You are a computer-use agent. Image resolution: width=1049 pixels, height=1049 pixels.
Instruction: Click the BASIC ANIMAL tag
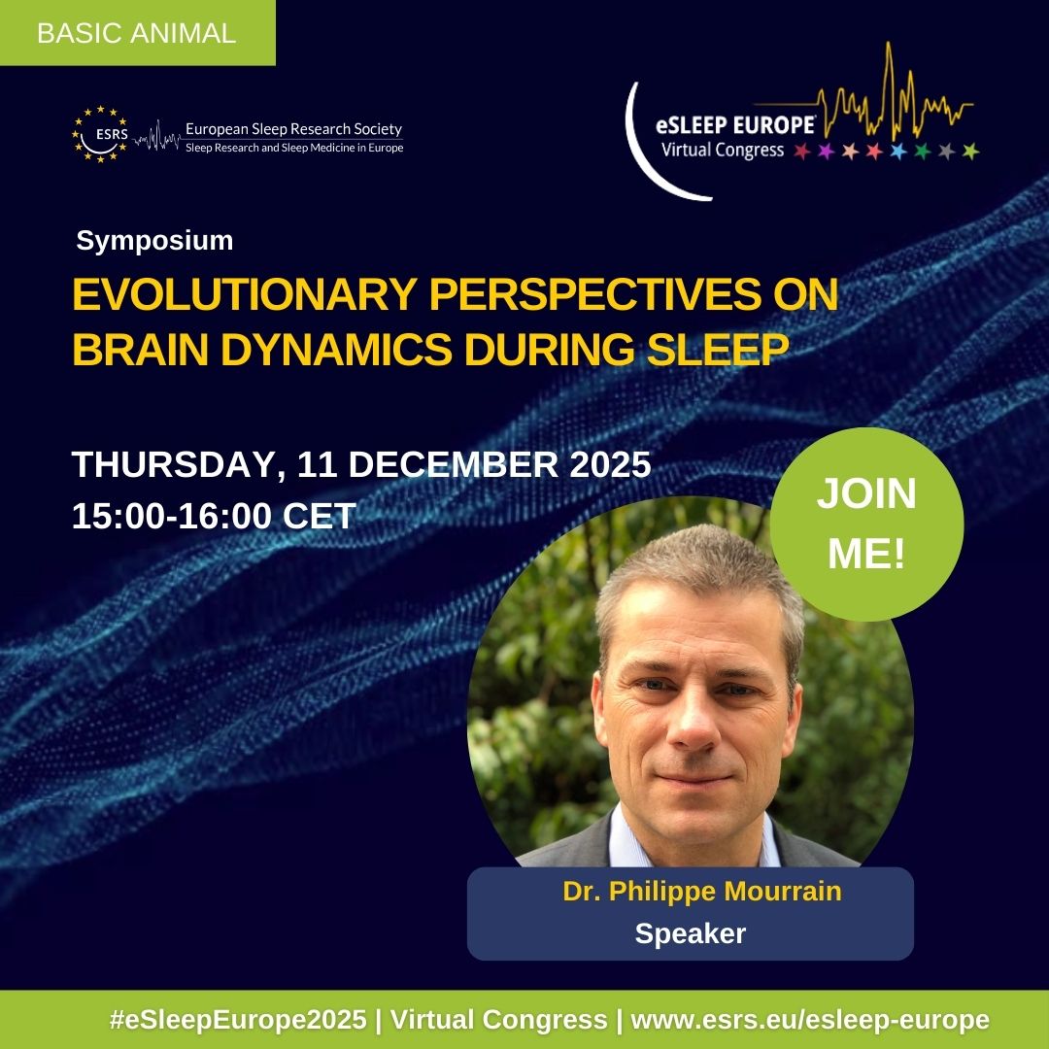pos(137,33)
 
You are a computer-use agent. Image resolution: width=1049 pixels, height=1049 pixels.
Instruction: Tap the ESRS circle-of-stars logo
pos(100,134)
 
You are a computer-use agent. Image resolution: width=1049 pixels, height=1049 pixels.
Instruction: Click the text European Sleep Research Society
pos(293,128)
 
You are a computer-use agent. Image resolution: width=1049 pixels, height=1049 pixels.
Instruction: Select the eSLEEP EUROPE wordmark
pos(735,125)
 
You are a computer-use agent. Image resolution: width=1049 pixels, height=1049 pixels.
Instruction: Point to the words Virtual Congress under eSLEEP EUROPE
pos(723,150)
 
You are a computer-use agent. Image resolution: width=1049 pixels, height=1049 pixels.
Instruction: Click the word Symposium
pos(154,240)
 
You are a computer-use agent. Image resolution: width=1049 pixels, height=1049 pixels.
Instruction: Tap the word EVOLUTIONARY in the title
pos(244,293)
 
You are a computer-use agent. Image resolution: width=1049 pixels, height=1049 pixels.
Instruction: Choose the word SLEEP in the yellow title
pos(718,349)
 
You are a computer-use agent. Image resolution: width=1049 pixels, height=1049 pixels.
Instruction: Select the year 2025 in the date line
pos(610,464)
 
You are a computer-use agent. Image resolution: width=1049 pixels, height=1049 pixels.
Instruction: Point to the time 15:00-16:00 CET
pos(214,516)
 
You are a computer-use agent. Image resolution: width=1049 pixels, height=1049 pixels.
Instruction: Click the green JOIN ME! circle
pos(866,524)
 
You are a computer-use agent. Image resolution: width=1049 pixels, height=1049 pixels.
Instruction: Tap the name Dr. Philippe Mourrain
pos(702,891)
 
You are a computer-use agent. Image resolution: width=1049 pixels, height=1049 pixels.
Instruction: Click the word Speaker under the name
pos(690,933)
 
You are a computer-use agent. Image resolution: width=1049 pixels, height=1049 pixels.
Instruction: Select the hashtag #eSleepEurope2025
pos(238,1020)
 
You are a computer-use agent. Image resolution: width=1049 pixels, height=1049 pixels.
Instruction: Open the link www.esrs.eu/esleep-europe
pos(810,1020)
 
